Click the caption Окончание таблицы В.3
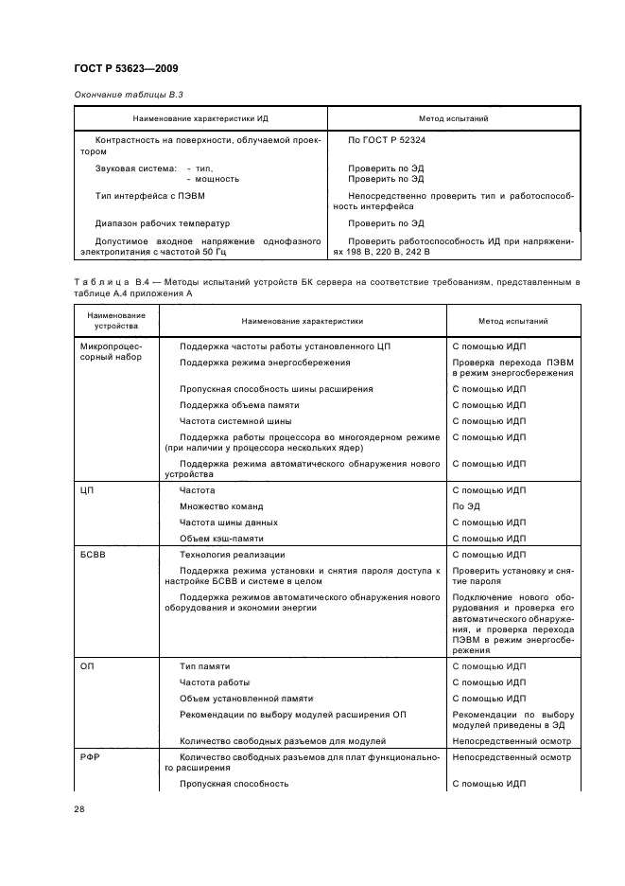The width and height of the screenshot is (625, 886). click(x=121, y=97)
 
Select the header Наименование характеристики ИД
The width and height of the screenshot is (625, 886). click(x=200, y=119)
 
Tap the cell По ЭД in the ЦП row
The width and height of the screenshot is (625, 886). click(x=466, y=506)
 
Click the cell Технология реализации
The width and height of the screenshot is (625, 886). click(x=232, y=555)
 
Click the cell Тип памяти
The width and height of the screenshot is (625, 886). click(x=204, y=666)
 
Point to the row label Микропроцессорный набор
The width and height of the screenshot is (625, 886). click(x=110, y=353)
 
